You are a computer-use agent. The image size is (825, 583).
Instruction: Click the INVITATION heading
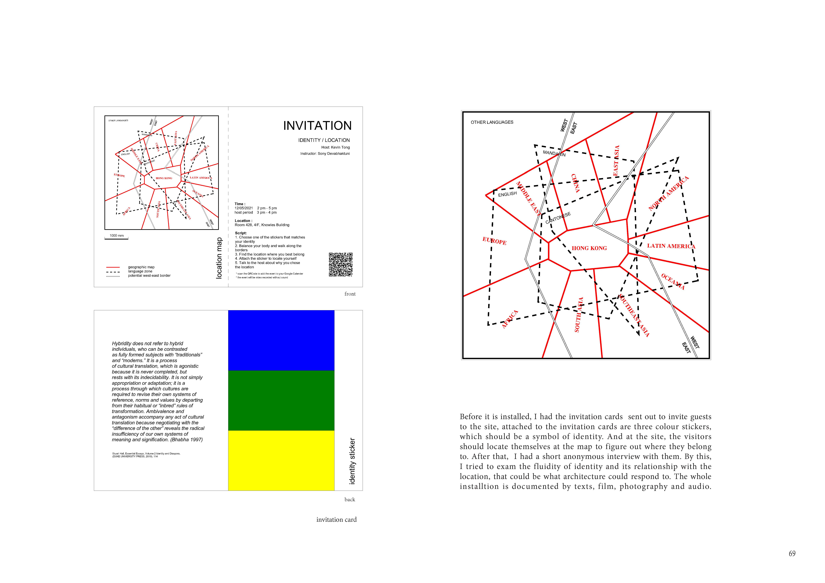317,126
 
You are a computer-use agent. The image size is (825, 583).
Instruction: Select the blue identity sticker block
281,340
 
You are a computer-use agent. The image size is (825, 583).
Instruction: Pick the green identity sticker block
281,400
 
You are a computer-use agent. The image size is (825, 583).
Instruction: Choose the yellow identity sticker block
281,460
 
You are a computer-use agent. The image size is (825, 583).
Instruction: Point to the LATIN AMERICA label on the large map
671,246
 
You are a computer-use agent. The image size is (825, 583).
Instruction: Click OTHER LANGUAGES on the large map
492,122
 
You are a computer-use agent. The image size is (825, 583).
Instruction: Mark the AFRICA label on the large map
510,319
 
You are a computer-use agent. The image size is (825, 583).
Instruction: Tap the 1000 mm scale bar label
116,235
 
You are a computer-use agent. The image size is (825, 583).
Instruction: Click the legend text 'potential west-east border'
149,276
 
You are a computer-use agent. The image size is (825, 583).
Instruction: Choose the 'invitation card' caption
336,519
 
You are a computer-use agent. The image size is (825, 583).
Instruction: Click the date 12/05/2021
244,208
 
